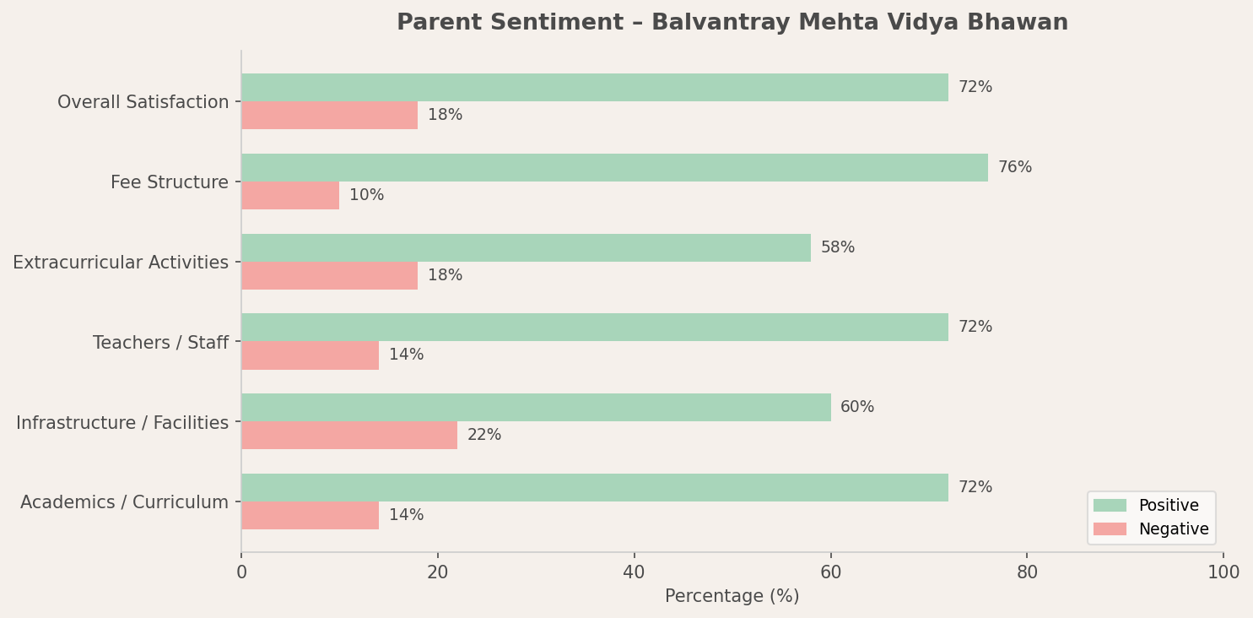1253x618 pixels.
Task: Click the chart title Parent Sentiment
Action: pyautogui.click(x=732, y=23)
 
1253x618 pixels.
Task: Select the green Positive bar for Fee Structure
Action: pyautogui.click(x=614, y=168)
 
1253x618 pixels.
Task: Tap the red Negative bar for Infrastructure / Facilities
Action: pyautogui.click(x=349, y=436)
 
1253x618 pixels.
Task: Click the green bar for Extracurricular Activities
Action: pyautogui.click(x=526, y=248)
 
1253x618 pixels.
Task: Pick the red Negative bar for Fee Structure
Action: pyautogui.click(x=290, y=196)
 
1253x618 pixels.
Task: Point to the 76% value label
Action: pyautogui.click(x=1014, y=168)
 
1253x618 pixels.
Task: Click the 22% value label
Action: pyautogui.click(x=484, y=436)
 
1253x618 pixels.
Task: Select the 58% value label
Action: pyautogui.click(x=837, y=248)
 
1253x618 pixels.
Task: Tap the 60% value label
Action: pyautogui.click(x=857, y=408)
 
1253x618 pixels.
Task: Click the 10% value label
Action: pyautogui.click(x=366, y=196)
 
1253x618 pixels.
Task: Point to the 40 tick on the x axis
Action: pyautogui.click(x=634, y=573)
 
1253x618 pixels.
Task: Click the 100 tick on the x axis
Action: pyautogui.click(x=1223, y=573)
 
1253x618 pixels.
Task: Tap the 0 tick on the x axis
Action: pyautogui.click(x=241, y=573)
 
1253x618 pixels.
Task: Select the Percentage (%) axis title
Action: pyautogui.click(x=732, y=597)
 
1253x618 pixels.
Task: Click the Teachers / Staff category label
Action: pyautogui.click(x=160, y=343)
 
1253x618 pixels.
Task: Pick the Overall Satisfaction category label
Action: pyautogui.click(x=143, y=103)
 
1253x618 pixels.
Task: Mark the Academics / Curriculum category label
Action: pyautogui.click(x=124, y=503)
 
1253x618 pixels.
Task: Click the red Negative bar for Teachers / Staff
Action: pyautogui.click(x=310, y=355)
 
